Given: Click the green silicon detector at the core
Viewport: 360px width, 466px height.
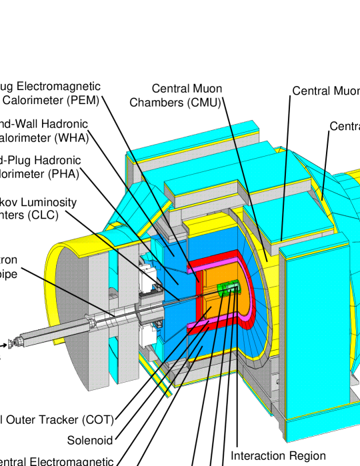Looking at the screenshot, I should click(228, 287).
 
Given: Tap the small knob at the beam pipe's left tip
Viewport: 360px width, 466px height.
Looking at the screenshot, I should click(11, 343).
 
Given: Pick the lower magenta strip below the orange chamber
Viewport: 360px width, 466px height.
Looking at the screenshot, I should click(200, 325).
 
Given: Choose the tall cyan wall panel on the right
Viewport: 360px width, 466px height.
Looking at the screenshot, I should click(313, 333).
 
